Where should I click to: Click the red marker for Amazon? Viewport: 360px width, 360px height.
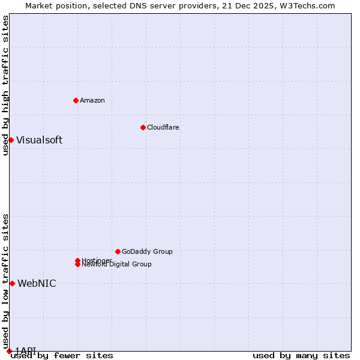click(x=76, y=100)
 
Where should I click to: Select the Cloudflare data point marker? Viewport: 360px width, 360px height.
click(x=143, y=127)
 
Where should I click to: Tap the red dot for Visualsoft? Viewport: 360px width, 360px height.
click(x=11, y=140)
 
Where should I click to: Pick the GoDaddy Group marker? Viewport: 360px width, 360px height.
click(x=118, y=251)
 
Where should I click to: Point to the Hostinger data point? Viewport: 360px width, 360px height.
click(x=77, y=260)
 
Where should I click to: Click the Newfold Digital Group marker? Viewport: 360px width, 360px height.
click(x=77, y=265)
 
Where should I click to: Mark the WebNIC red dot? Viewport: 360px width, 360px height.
click(x=12, y=283)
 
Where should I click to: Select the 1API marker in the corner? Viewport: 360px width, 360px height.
click(x=9, y=351)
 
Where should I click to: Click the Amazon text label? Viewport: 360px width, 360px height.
click(x=92, y=100)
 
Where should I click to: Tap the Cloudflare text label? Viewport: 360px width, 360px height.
click(x=163, y=127)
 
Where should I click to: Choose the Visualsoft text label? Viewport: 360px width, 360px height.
click(x=39, y=140)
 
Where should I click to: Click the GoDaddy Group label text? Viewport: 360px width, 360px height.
click(x=147, y=251)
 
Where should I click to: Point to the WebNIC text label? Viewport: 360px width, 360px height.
click(x=37, y=283)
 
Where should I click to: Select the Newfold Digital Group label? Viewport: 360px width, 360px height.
click(x=116, y=265)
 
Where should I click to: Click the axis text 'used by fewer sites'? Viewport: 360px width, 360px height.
click(x=62, y=356)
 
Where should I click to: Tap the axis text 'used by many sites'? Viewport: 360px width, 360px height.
click(x=301, y=356)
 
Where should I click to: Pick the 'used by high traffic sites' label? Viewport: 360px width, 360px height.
click(x=5, y=85)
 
